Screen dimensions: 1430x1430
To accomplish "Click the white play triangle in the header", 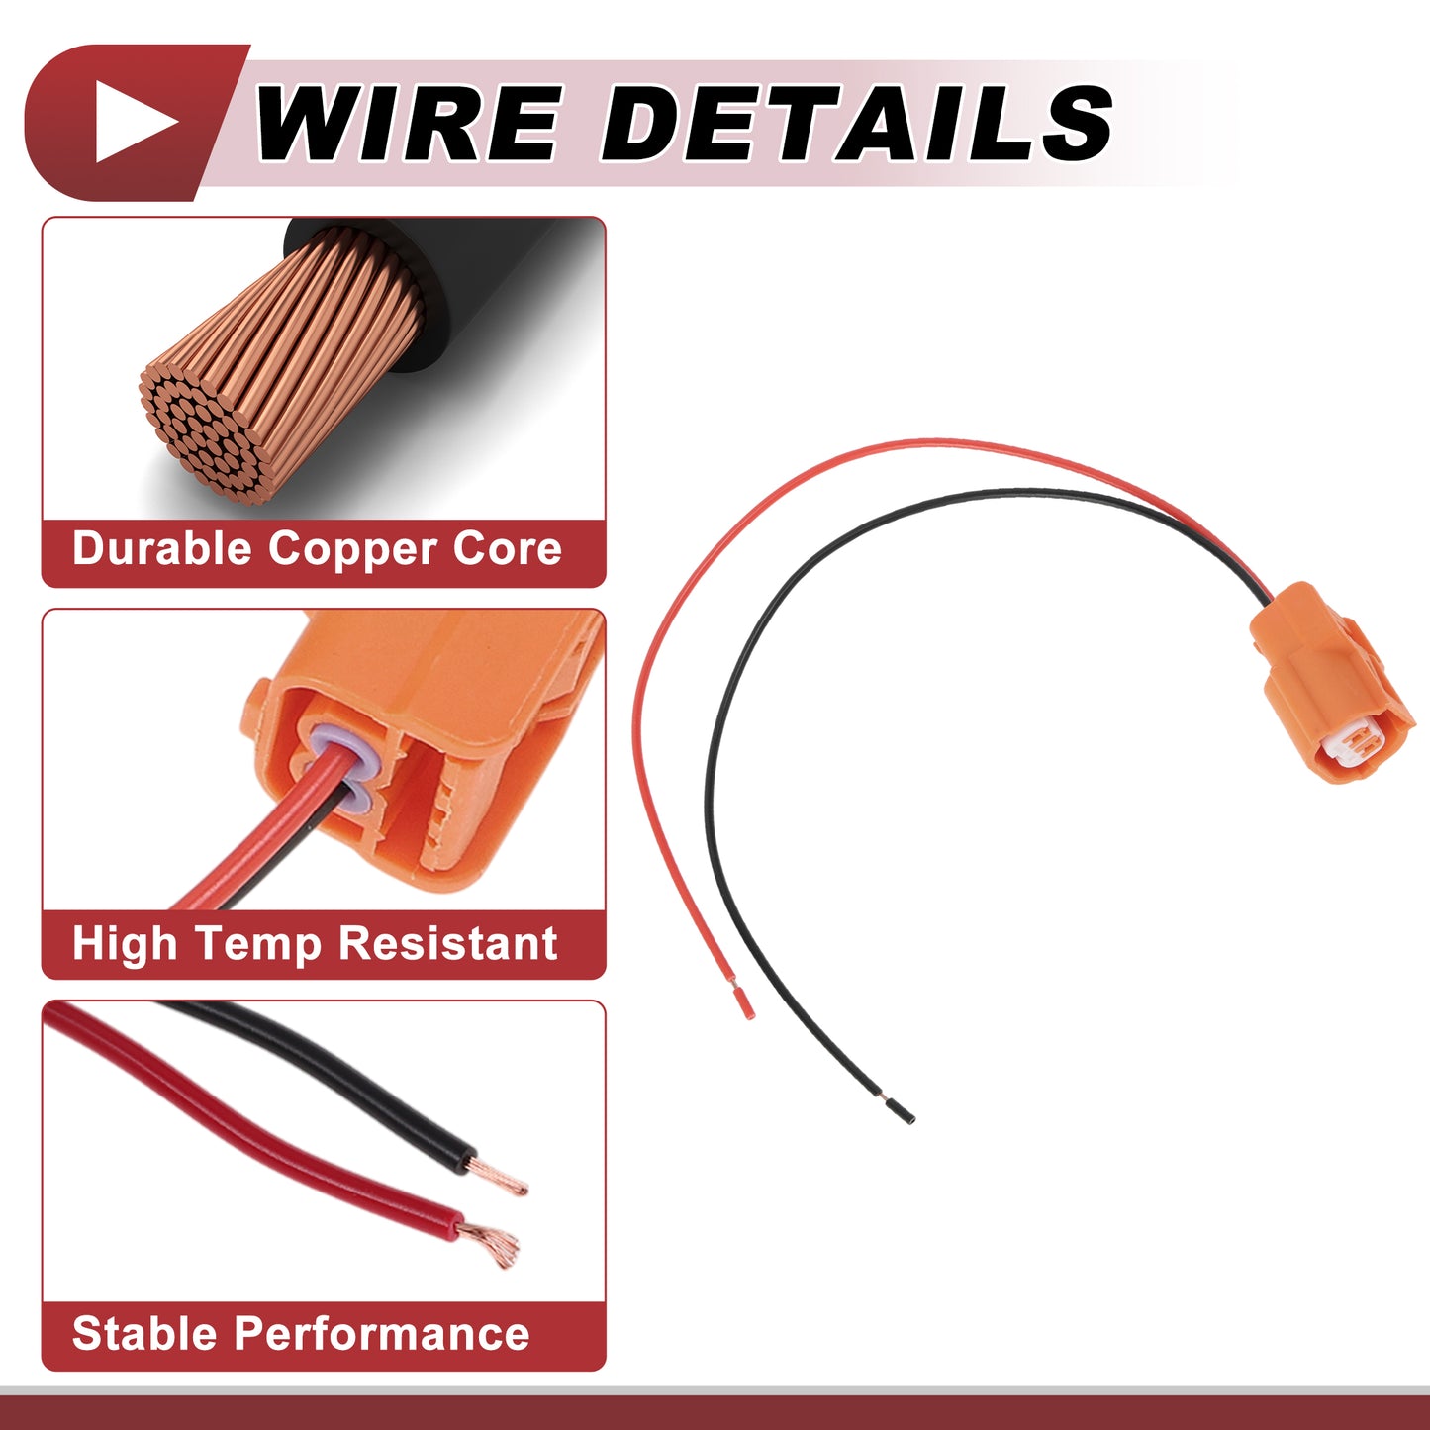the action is [134, 122].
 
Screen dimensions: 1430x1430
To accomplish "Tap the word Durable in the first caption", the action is [161, 548].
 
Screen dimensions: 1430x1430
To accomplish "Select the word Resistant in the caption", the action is [447, 943].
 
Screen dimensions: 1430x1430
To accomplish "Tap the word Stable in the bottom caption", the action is [144, 1334].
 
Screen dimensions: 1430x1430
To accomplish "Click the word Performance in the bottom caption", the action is [381, 1334].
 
